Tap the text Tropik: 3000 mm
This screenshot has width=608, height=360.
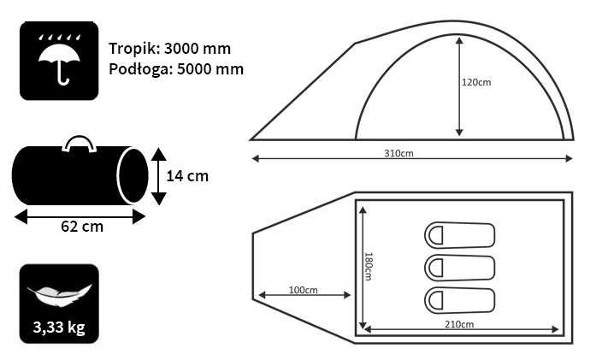(169, 49)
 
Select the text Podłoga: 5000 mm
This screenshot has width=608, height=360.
(176, 69)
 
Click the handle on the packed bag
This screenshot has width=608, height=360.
(80, 143)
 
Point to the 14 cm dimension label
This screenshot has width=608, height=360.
(187, 176)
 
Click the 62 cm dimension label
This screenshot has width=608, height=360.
(82, 227)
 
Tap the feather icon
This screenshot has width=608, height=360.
(59, 295)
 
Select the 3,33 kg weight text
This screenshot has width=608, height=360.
(59, 328)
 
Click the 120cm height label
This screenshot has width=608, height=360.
(476, 82)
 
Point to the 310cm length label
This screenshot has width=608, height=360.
(398, 153)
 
